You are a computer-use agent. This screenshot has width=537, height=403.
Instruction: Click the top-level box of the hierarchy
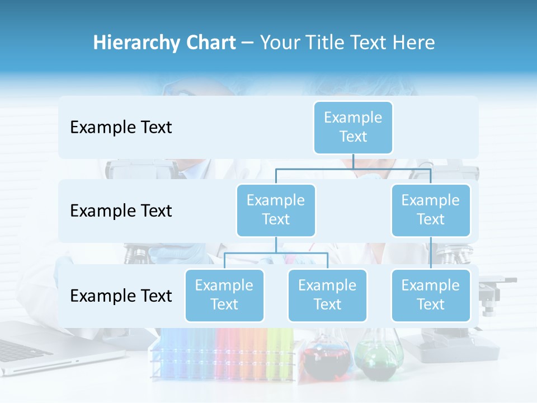point(353,127)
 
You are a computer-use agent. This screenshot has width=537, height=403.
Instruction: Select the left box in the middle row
point(276,210)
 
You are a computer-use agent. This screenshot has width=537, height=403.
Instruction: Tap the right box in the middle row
point(431,210)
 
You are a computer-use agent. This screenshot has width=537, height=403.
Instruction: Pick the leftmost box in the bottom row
point(224,295)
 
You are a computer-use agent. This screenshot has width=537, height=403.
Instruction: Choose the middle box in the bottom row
point(327,295)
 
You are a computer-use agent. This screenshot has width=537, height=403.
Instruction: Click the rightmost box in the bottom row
point(431,295)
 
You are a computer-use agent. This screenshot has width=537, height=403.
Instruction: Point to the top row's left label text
point(121,128)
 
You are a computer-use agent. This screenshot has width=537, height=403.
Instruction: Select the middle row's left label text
point(121,211)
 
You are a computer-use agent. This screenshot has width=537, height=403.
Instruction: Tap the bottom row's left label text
point(121,296)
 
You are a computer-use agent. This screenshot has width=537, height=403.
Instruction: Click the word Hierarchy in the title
point(136,43)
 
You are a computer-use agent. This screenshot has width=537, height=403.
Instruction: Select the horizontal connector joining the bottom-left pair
point(276,253)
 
